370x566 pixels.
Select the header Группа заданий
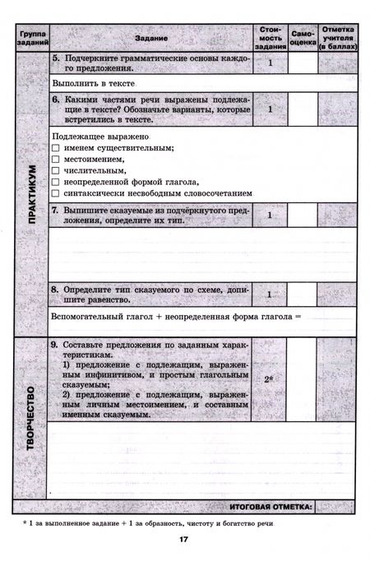pos(31,38)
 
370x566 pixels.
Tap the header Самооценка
pos(303,38)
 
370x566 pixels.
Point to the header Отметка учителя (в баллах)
pos(337,38)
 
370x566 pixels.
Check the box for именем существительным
pos(56,147)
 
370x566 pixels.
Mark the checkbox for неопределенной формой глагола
pos(56,182)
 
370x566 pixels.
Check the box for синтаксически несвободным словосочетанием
pos(56,193)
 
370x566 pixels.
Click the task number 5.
pos(54,60)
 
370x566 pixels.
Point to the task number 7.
pos(54,212)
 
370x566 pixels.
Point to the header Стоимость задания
pos(269,38)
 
